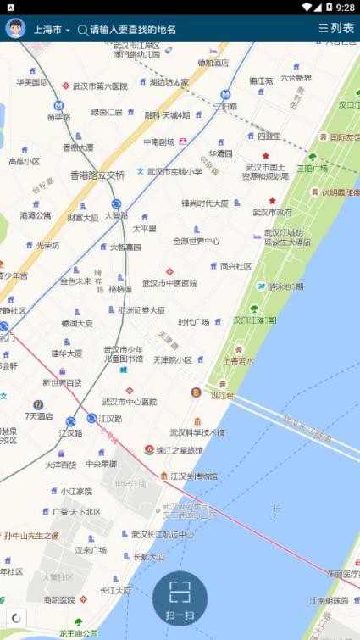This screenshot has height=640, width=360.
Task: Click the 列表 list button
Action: coord(336,29)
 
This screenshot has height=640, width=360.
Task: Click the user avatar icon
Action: coord(14,29)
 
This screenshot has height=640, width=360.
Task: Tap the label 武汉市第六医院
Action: coord(99,86)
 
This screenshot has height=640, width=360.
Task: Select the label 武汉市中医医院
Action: coord(169,283)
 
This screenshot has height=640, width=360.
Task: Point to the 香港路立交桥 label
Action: coord(97,175)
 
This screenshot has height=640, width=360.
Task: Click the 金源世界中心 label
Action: coord(196,241)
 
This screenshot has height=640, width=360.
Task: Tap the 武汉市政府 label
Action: coord(272,212)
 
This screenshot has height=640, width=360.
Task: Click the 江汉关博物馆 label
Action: coord(193,476)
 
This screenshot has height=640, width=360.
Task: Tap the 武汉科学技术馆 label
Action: coord(197,432)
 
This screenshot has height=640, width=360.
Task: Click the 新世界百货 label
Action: coord(64,383)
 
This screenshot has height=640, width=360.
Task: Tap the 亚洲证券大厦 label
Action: coord(141,310)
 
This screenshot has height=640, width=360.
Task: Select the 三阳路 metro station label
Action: coord(225,106)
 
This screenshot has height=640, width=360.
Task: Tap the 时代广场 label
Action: coord(193,322)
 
